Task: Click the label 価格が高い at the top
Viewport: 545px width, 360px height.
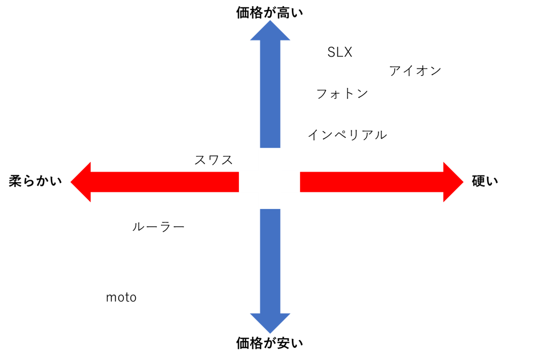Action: [x=269, y=13]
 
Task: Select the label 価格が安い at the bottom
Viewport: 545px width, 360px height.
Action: [x=269, y=343]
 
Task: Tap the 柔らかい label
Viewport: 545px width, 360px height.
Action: [x=35, y=181]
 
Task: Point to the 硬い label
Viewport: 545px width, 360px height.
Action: [x=485, y=181]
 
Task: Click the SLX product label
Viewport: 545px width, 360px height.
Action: [x=339, y=52]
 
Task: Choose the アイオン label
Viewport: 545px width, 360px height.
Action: [x=415, y=71]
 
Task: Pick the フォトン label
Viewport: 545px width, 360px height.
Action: [x=342, y=94]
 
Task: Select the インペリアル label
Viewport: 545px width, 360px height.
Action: [x=347, y=135]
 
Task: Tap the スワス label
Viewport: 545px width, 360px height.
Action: [x=214, y=160]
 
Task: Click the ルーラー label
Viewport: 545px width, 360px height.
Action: [x=158, y=227]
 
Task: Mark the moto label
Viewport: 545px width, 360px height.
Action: [x=121, y=298]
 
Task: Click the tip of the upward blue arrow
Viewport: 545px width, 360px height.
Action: [x=270, y=20]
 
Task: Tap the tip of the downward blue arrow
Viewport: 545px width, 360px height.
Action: [x=270, y=333]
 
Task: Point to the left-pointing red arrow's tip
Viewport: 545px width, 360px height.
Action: [x=71, y=182]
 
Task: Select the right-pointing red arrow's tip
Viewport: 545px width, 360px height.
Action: [x=463, y=182]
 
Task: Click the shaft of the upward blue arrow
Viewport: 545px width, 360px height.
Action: [x=270, y=94]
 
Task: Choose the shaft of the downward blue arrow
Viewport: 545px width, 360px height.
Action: [x=270, y=261]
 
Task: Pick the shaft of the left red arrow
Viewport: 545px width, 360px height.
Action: [x=165, y=182]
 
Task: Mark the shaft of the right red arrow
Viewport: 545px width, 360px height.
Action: [x=371, y=182]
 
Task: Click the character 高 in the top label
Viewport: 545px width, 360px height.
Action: [x=283, y=13]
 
